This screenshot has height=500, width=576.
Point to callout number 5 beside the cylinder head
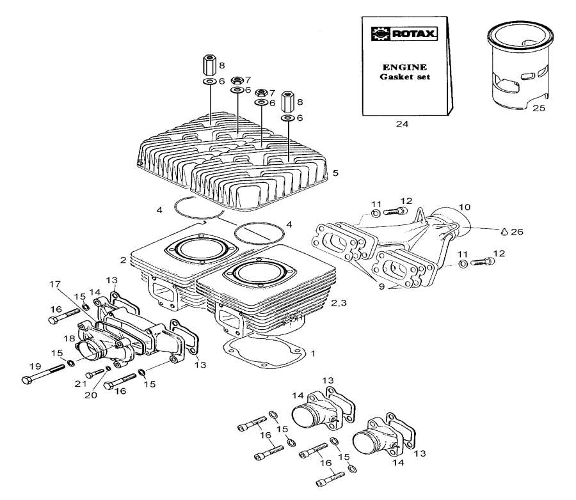(335, 173)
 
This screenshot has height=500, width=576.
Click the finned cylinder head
(237, 160)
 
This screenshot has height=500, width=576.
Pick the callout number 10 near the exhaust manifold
(465, 207)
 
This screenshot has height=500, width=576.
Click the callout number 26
(517, 231)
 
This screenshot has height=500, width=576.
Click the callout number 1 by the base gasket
(313, 353)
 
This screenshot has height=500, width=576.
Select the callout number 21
(79, 384)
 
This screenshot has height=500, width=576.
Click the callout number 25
(539, 109)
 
